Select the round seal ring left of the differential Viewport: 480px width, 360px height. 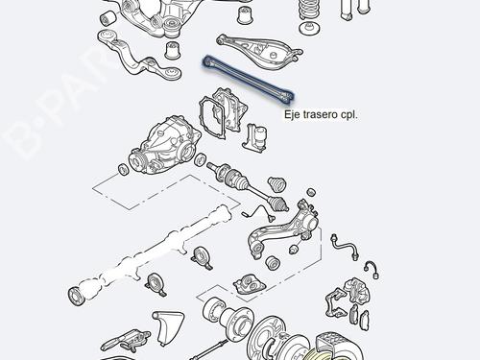tap(123, 170)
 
